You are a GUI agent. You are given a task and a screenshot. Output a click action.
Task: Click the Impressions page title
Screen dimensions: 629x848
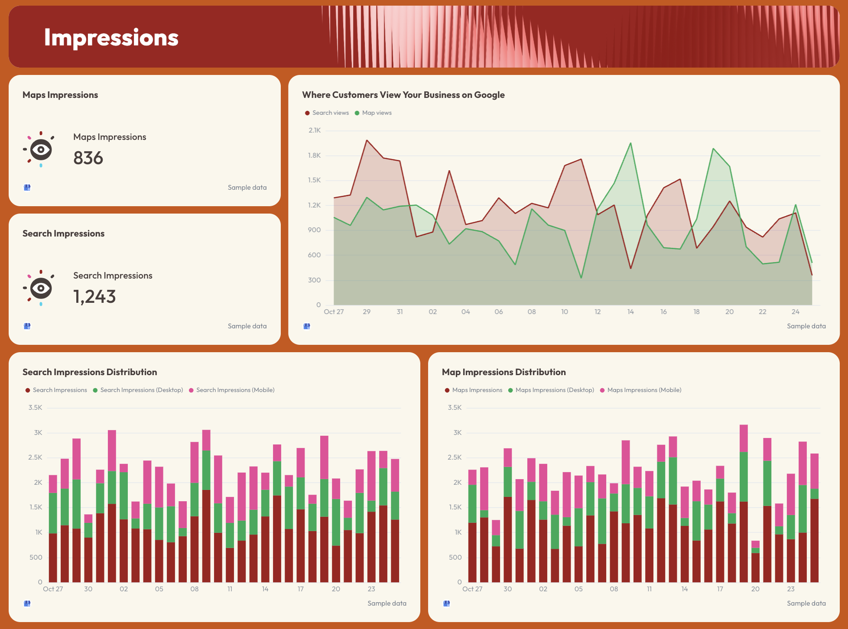(111, 38)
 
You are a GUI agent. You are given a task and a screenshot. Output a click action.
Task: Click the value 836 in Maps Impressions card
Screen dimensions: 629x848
(88, 158)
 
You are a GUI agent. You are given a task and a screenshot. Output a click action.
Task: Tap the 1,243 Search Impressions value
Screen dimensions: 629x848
(94, 297)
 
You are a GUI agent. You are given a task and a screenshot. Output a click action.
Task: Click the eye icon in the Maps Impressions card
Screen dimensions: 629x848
(41, 150)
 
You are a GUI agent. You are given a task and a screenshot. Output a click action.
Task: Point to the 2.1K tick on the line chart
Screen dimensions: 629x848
(315, 130)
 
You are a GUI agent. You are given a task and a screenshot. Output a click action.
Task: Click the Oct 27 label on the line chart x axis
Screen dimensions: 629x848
(334, 312)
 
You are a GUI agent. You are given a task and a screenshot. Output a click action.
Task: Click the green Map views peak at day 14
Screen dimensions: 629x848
(630, 143)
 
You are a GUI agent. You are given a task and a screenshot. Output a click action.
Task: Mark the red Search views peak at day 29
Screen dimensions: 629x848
(367, 140)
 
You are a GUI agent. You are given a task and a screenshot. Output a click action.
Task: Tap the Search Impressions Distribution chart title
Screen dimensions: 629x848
(90, 372)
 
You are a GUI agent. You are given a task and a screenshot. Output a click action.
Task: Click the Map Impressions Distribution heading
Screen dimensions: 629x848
(504, 372)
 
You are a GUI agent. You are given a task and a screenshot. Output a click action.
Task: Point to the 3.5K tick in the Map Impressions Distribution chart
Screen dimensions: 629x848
(455, 408)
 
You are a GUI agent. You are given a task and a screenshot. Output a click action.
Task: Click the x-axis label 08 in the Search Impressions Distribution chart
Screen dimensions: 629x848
(195, 589)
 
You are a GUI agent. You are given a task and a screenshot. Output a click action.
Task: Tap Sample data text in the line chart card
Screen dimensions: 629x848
(806, 326)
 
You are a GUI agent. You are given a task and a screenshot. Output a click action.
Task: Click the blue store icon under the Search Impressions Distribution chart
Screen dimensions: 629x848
(27, 603)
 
